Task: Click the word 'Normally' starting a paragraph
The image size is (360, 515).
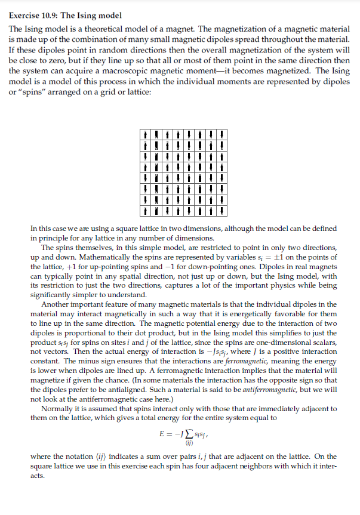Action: coord(57,409)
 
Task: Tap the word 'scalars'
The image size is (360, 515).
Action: coord(324,343)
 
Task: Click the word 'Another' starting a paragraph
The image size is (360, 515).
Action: coord(56,305)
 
